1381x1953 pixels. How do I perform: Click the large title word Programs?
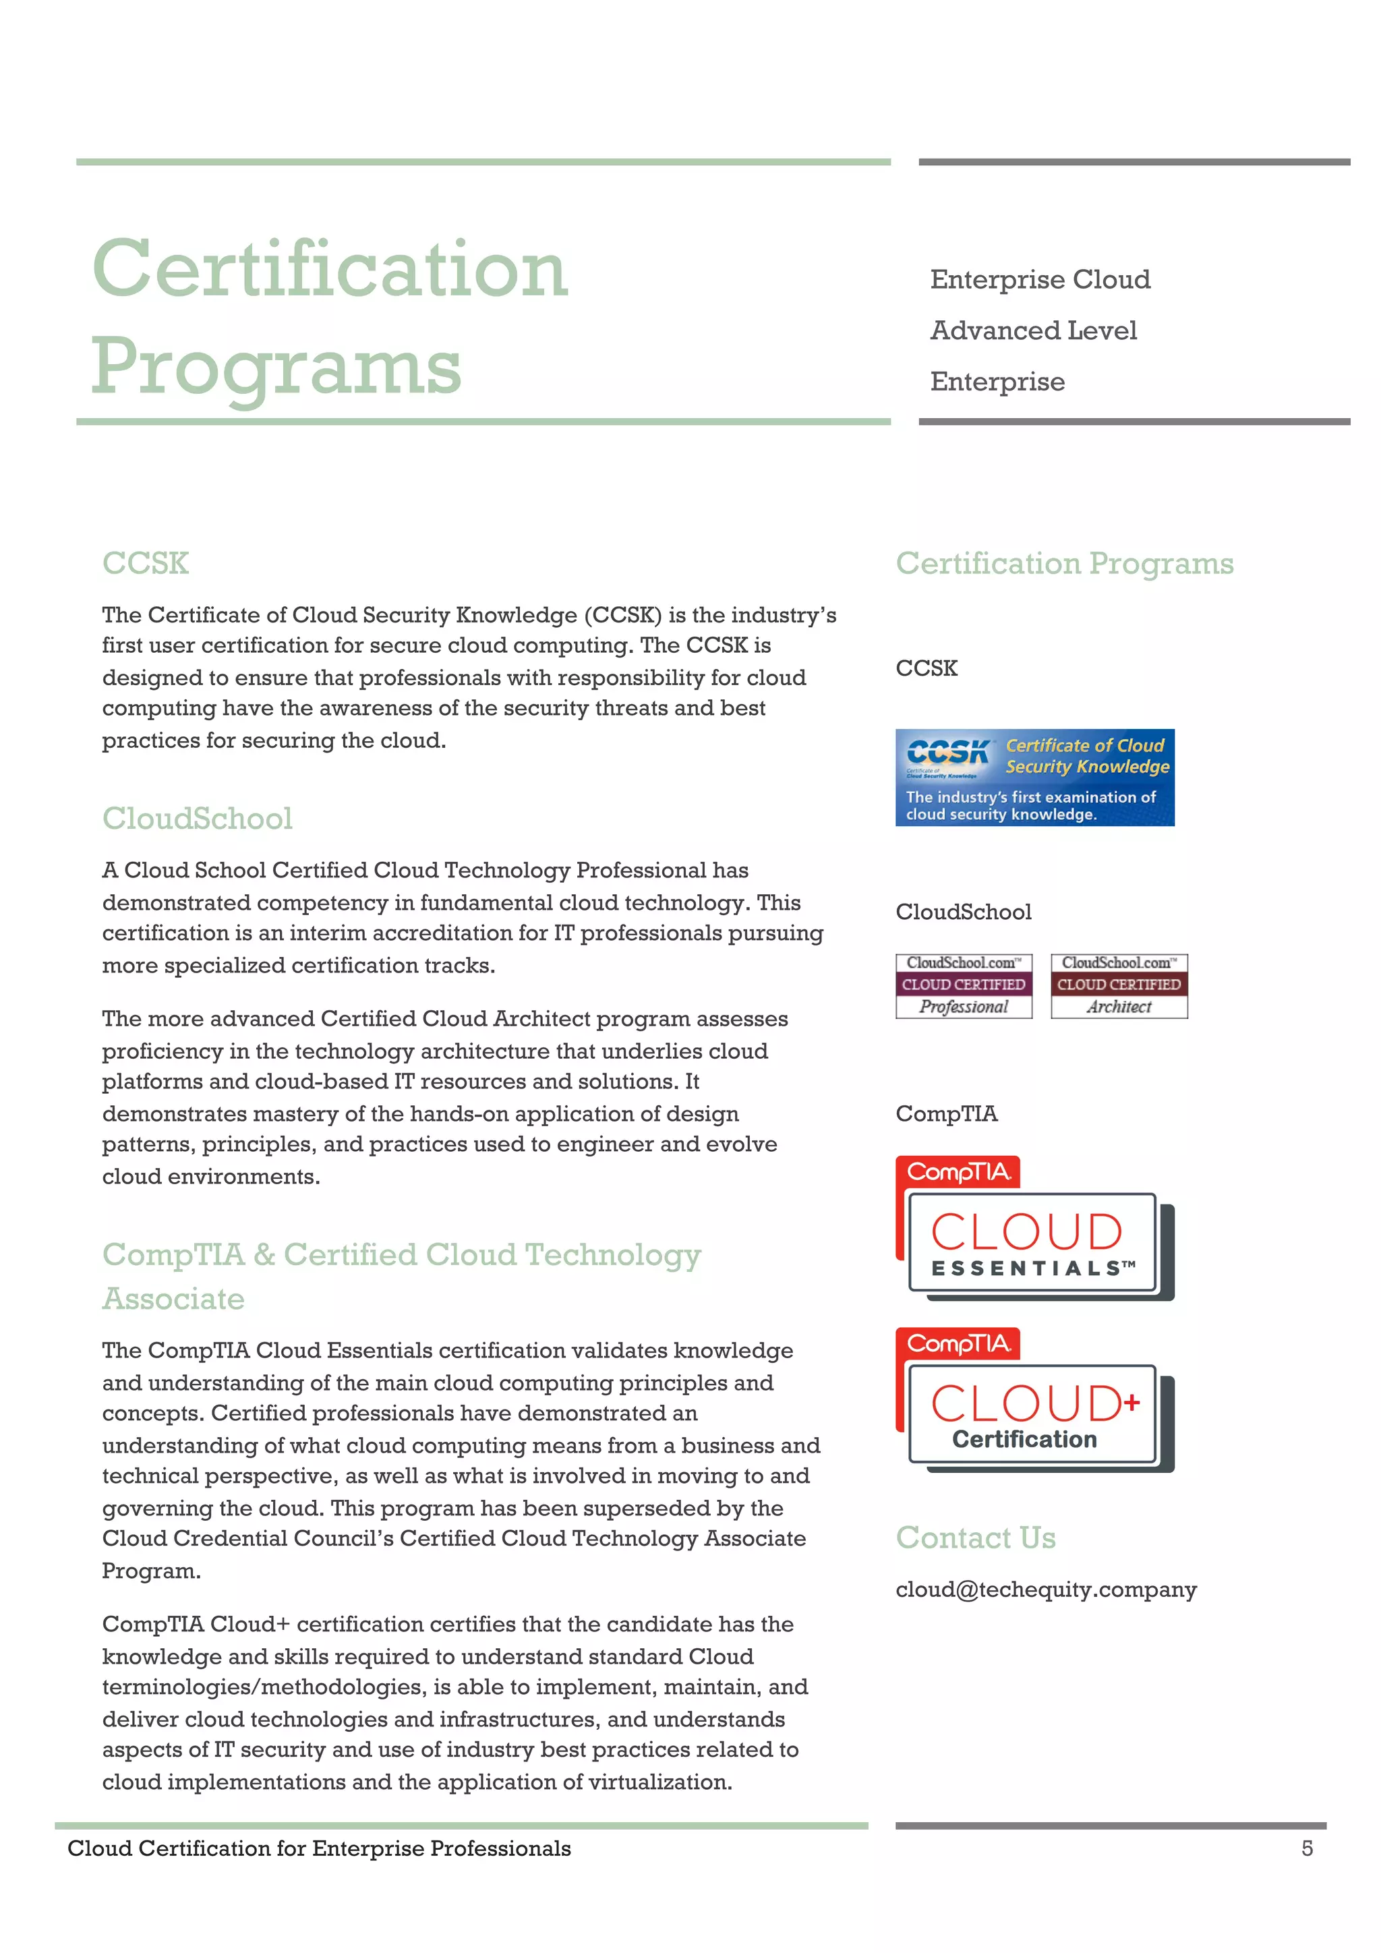point(276,367)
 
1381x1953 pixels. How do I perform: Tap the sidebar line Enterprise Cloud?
point(1040,279)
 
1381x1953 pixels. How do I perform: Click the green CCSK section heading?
point(146,563)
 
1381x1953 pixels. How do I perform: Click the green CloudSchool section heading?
point(198,818)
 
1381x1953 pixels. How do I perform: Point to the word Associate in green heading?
point(173,1299)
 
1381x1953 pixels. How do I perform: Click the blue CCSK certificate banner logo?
point(1034,778)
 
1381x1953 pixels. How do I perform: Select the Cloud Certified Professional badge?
point(964,986)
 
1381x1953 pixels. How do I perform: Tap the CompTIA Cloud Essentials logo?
point(1034,1229)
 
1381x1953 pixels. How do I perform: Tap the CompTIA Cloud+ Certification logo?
point(1034,1401)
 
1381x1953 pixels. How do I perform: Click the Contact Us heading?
point(975,1538)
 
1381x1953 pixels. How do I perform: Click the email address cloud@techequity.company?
point(1046,1589)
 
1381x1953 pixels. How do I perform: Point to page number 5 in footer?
point(1307,1848)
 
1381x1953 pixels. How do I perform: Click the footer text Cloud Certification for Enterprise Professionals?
point(319,1848)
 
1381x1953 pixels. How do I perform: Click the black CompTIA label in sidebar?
point(947,1113)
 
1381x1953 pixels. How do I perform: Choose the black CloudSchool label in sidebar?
point(964,912)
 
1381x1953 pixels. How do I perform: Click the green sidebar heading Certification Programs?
point(1064,563)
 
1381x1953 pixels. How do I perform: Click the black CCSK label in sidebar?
point(926,668)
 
